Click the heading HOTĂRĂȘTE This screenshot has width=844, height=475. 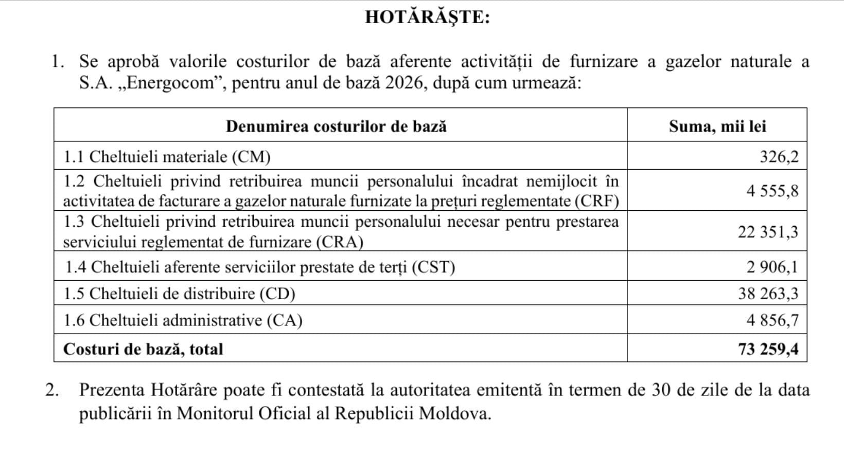tap(427, 17)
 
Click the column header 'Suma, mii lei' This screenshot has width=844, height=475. tap(717, 126)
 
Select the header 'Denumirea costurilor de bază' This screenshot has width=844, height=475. tap(336, 126)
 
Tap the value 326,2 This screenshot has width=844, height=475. tap(779, 156)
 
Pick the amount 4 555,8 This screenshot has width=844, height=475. tap(772, 191)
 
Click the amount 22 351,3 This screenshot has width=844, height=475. tap(768, 232)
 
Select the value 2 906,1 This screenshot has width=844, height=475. tap(772, 267)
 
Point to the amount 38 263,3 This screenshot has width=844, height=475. tap(768, 294)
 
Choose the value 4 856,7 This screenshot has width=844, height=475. tap(772, 320)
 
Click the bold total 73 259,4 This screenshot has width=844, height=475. tap(768, 349)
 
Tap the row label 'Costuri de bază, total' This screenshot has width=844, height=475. tap(143, 349)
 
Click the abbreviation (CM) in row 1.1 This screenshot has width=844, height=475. tap(251, 156)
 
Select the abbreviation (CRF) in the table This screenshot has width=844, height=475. tap(596, 201)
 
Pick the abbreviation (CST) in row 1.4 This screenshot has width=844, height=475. tap(433, 267)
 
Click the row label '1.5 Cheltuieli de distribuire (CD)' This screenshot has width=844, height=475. tap(179, 294)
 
